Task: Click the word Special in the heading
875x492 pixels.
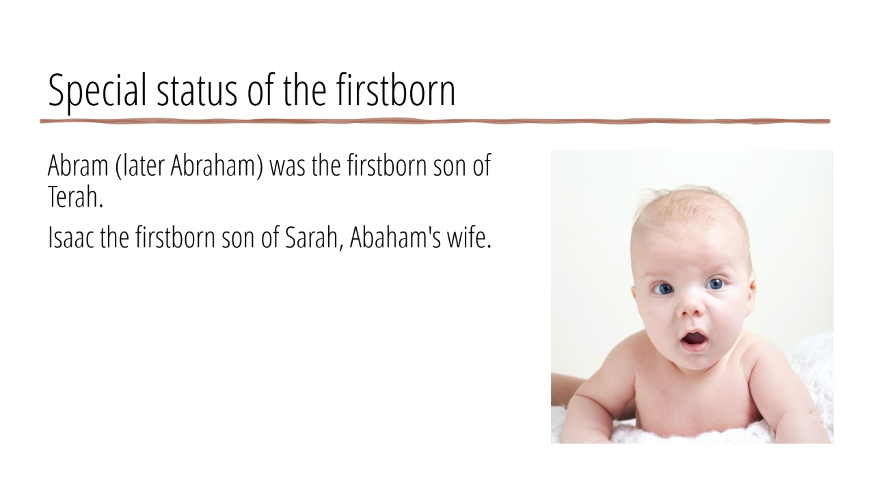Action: pyautogui.click(x=97, y=92)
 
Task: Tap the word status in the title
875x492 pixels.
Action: pyautogui.click(x=197, y=92)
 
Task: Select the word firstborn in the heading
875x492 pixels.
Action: pyautogui.click(x=396, y=90)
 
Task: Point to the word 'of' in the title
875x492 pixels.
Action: pyautogui.click(x=261, y=90)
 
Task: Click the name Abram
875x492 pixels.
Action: pyautogui.click(x=78, y=165)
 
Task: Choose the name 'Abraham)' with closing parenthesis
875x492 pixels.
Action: pyautogui.click(x=217, y=166)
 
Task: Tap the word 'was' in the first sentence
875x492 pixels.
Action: pyautogui.click(x=288, y=168)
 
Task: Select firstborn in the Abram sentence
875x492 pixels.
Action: pyautogui.click(x=387, y=165)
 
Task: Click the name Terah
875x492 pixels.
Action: pyautogui.click(x=75, y=197)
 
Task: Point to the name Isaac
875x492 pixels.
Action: pyautogui.click(x=71, y=237)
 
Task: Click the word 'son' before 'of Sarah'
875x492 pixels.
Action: pyautogui.click(x=239, y=239)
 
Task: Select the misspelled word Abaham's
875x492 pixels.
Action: pyautogui.click(x=395, y=237)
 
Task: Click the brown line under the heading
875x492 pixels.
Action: pyautogui.click(x=435, y=122)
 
